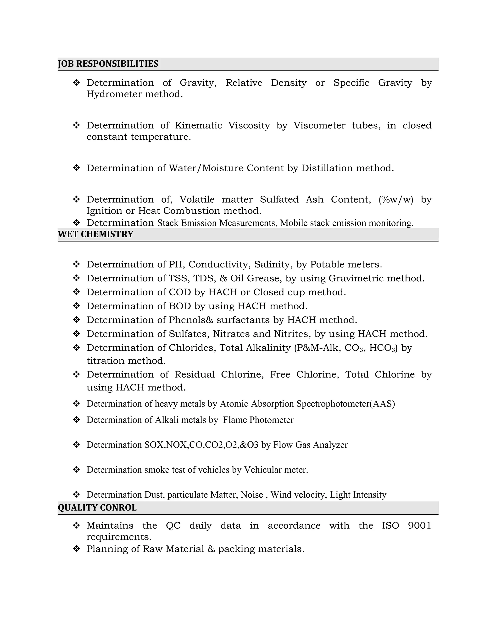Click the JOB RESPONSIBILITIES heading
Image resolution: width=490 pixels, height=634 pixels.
click(x=108, y=64)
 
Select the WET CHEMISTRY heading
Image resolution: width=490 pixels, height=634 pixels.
click(x=95, y=234)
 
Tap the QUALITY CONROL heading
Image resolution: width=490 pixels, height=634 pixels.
click(x=97, y=507)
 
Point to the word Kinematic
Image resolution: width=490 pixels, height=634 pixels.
click(x=198, y=125)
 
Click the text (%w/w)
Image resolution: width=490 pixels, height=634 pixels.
click(x=396, y=200)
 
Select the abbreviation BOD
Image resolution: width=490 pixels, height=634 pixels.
click(x=180, y=306)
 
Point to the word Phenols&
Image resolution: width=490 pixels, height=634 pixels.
click(x=191, y=320)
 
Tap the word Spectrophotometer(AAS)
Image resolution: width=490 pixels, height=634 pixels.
click(x=345, y=404)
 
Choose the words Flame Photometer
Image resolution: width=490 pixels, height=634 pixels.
click(x=258, y=420)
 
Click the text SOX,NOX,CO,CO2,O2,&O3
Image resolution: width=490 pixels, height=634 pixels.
click(x=201, y=445)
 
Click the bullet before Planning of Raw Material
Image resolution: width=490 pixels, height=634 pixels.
click(x=76, y=549)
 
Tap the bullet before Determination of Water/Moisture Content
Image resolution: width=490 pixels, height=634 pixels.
click(x=76, y=168)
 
